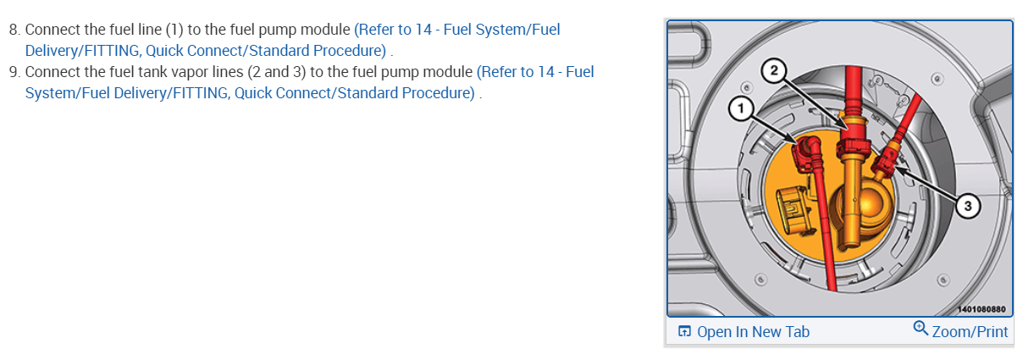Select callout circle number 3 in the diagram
(x=967, y=205)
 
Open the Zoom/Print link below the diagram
(x=970, y=331)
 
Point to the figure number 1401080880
(x=981, y=309)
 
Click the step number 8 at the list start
(x=14, y=30)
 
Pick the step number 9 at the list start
(x=14, y=72)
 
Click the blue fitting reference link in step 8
(x=292, y=40)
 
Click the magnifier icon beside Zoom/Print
(x=921, y=329)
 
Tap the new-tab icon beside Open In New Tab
(x=684, y=331)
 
